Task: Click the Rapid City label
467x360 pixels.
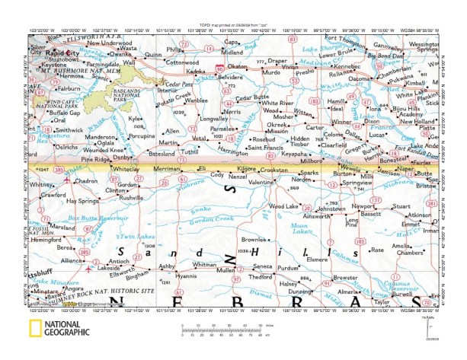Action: point(62,54)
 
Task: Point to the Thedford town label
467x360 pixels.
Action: point(261,277)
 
